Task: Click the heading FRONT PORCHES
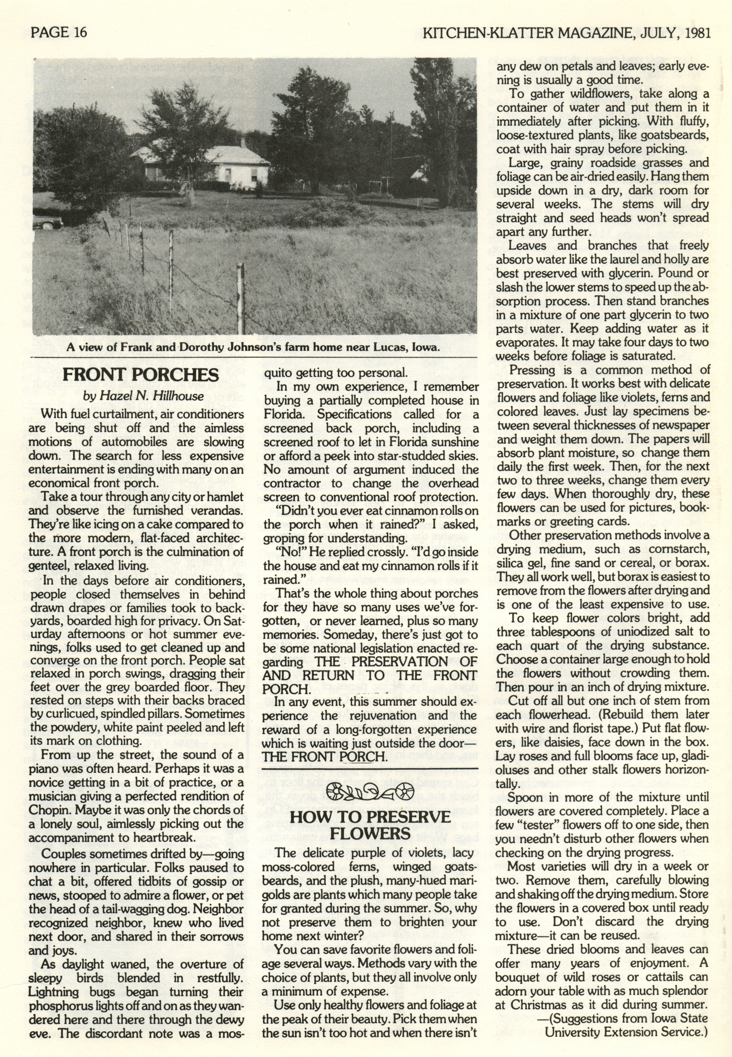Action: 140,375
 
